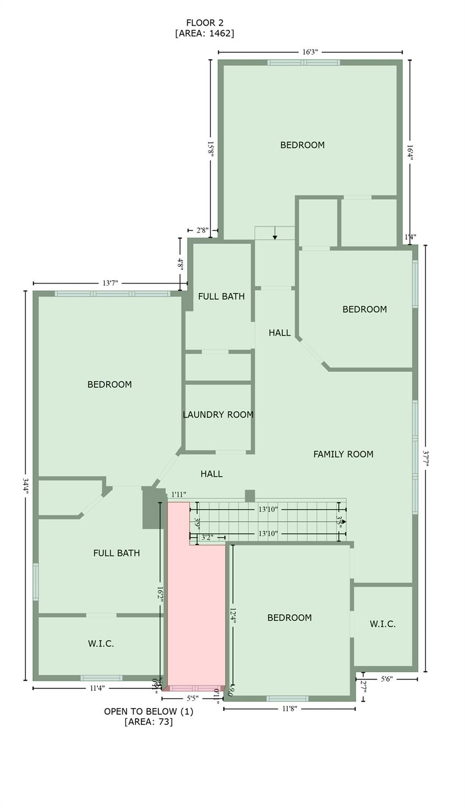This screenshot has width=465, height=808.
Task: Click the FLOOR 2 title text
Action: pos(204,23)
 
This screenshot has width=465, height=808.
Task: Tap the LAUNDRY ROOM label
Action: pos(218,415)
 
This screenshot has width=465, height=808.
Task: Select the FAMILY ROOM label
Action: pos(343,454)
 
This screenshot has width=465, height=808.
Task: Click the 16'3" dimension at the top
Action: pos(310,52)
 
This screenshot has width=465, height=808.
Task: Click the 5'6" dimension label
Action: pos(387,679)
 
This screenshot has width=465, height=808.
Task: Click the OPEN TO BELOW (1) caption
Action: pos(148,712)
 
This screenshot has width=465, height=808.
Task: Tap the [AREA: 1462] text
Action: pos(204,33)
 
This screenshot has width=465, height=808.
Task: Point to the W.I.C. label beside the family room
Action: pos(382,624)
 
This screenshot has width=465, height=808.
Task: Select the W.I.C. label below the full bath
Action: pos(100,643)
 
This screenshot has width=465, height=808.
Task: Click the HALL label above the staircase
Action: pos(211,474)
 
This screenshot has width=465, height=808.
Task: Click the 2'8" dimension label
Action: pos(203,230)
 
